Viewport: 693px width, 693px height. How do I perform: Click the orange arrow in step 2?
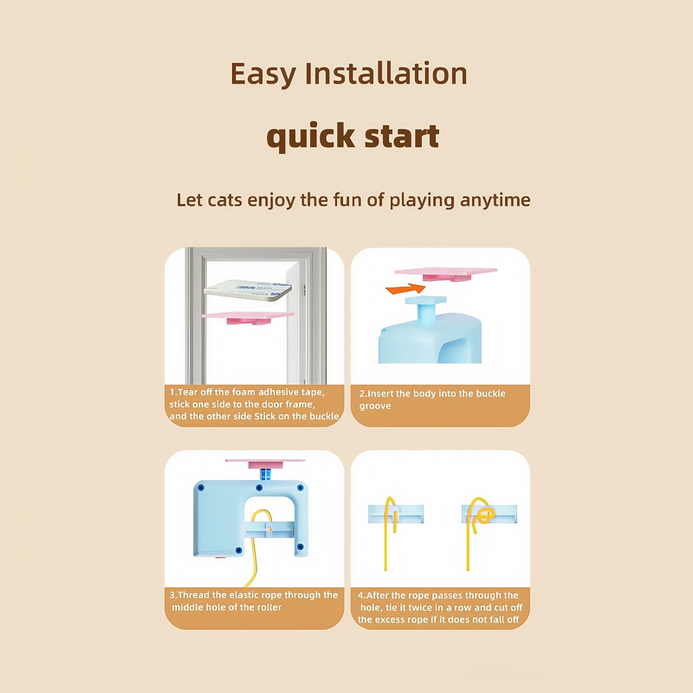[x=406, y=288]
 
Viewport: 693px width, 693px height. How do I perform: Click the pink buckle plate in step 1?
[x=248, y=317]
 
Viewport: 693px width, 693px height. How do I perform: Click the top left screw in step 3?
[x=201, y=487]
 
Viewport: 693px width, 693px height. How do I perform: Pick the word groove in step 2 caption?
[x=375, y=406]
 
